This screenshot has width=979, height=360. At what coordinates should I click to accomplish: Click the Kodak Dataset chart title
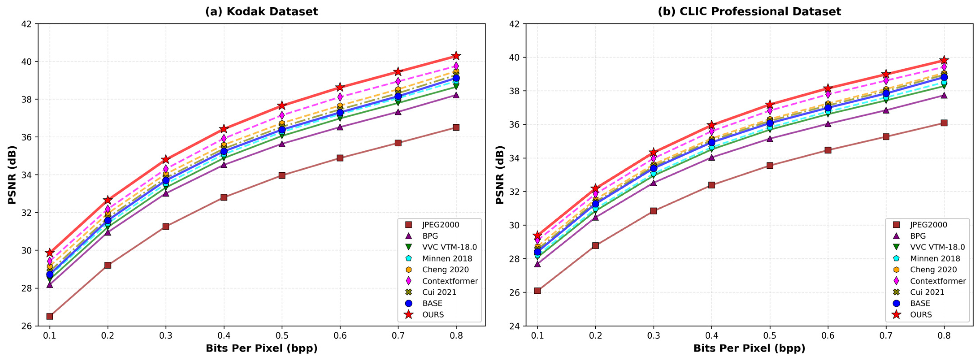pos(262,11)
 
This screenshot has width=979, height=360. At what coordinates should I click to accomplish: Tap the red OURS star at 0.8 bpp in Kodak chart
pos(456,56)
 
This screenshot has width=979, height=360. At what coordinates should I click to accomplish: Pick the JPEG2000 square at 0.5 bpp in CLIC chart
pos(770,165)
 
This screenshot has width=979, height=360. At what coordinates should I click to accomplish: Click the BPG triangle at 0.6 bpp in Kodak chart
pos(340,127)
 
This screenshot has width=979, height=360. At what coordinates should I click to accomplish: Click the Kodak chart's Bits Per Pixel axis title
pos(262,348)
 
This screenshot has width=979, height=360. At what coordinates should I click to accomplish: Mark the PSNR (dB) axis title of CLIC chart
pos(500,175)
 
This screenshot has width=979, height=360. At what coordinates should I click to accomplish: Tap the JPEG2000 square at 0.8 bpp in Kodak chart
pos(456,127)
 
